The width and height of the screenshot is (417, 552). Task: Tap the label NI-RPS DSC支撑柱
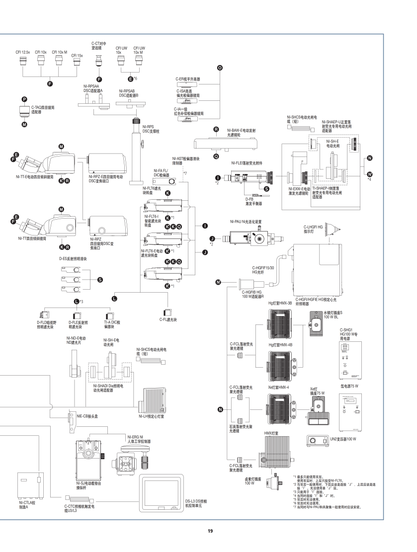(x=150, y=130)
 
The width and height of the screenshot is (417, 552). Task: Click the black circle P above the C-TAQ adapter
(x=24, y=99)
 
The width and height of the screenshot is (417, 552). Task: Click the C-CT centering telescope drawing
(x=98, y=64)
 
